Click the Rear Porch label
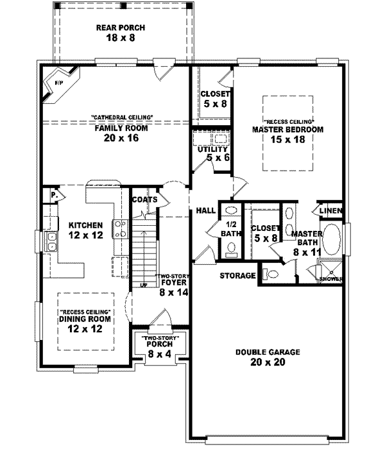pos(121,33)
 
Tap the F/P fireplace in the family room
pos(58,84)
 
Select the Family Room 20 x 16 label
pos(122,132)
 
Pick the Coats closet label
pos(144,199)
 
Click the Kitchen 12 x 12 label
pos(85,230)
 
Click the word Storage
pos(238,276)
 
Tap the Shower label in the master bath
pos(331,279)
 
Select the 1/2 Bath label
pos(230,228)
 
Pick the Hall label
pos(205,210)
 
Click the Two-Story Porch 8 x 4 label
pos(156,346)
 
